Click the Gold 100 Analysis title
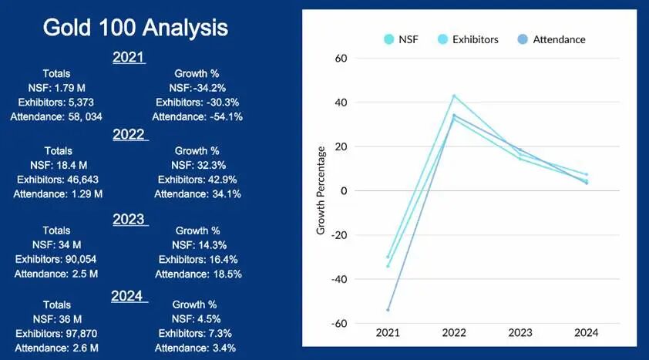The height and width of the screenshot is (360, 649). coord(136,28)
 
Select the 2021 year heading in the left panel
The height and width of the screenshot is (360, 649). coord(129,57)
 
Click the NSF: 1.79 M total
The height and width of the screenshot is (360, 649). coord(58,87)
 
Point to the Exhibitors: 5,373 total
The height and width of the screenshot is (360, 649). coord(58,102)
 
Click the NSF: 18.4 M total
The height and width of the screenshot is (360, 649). coord(58,165)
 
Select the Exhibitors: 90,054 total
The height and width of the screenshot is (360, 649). coord(58,259)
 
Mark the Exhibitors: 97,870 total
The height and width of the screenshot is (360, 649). coord(58,333)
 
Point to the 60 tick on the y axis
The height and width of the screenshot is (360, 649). coord(339,59)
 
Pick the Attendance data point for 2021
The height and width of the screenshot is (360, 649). coord(388,310)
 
